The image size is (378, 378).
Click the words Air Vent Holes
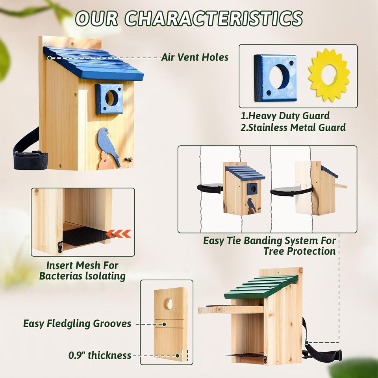[x=195, y=57]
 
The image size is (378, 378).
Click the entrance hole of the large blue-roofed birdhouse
[x=112, y=98]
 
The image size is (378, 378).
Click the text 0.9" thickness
[x=100, y=355]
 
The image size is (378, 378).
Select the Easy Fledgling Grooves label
[x=77, y=324]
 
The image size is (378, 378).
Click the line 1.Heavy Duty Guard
[x=285, y=116]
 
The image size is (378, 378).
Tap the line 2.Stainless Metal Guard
[x=293, y=127]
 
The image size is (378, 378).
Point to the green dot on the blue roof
[x=49, y=58]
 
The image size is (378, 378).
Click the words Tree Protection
[x=300, y=251]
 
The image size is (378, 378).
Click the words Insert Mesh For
[x=82, y=265]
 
